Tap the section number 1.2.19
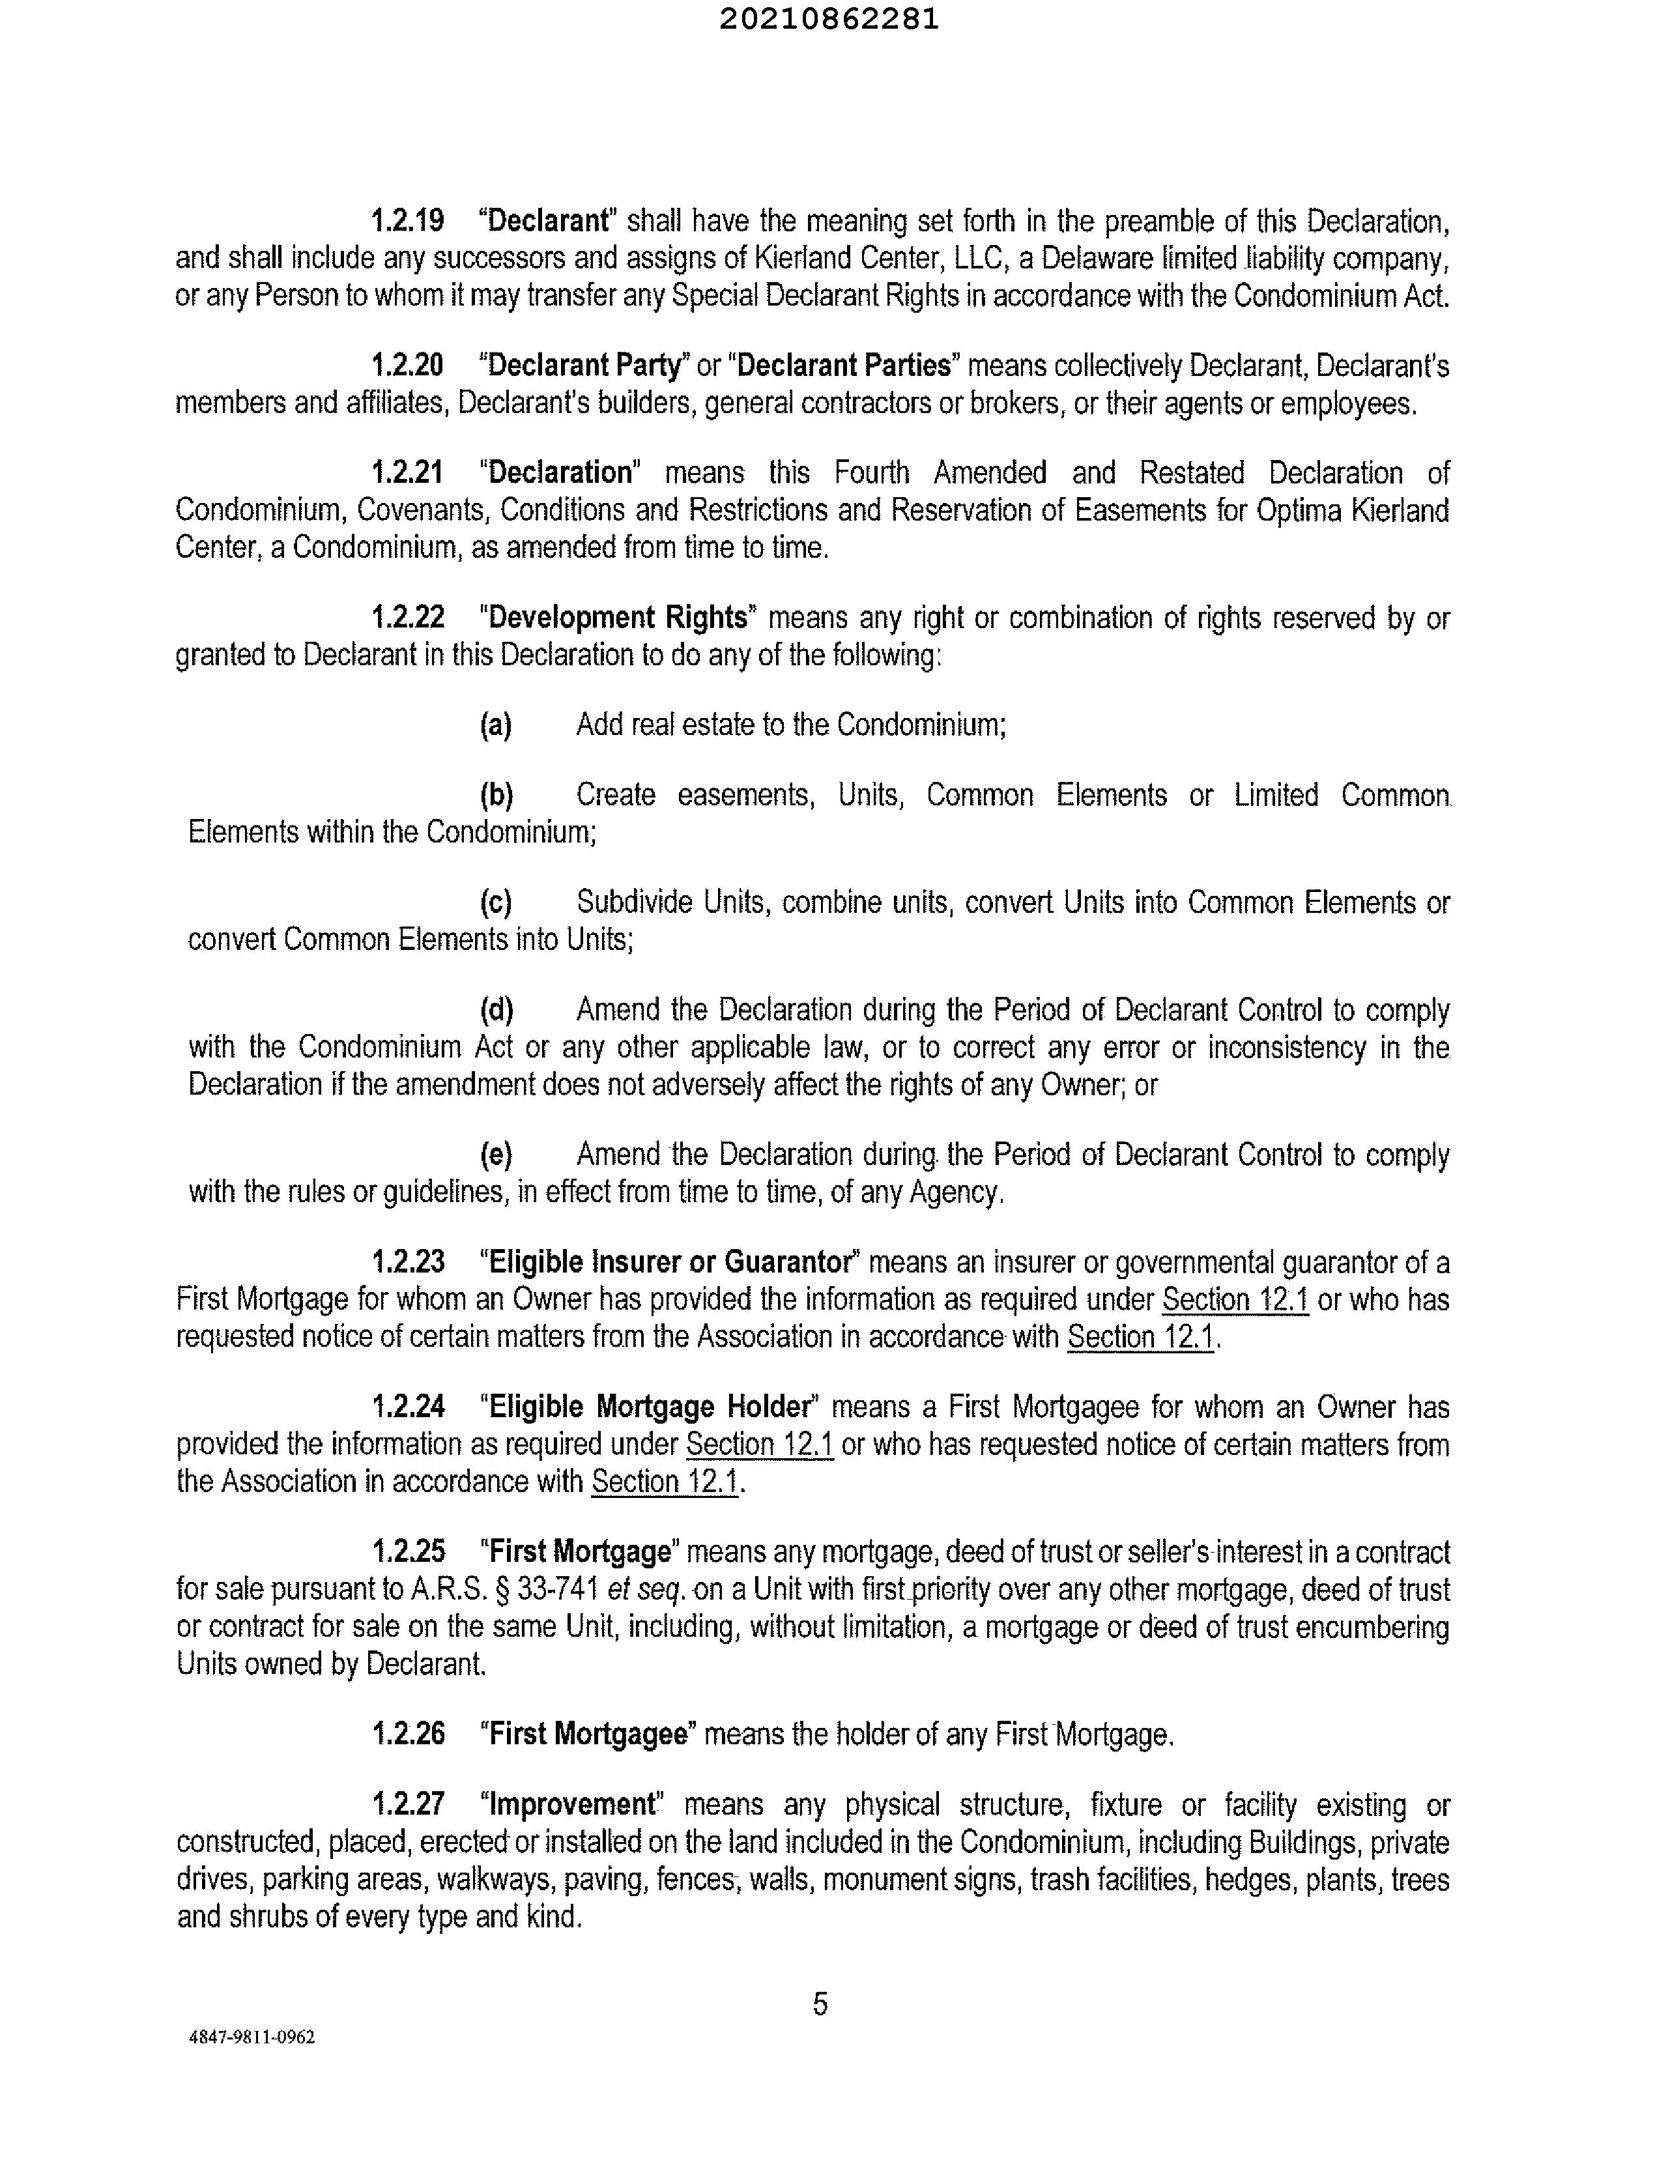click(x=407, y=220)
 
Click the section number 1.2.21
click(x=407, y=472)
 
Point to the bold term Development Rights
click(x=618, y=618)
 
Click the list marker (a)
click(x=495, y=725)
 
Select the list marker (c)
click(x=495, y=902)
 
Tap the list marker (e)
click(x=495, y=1155)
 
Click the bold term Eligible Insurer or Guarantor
click(x=670, y=1262)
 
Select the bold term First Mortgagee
click(x=588, y=1734)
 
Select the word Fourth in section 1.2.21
click(x=872, y=472)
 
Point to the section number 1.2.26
click(x=407, y=1734)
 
